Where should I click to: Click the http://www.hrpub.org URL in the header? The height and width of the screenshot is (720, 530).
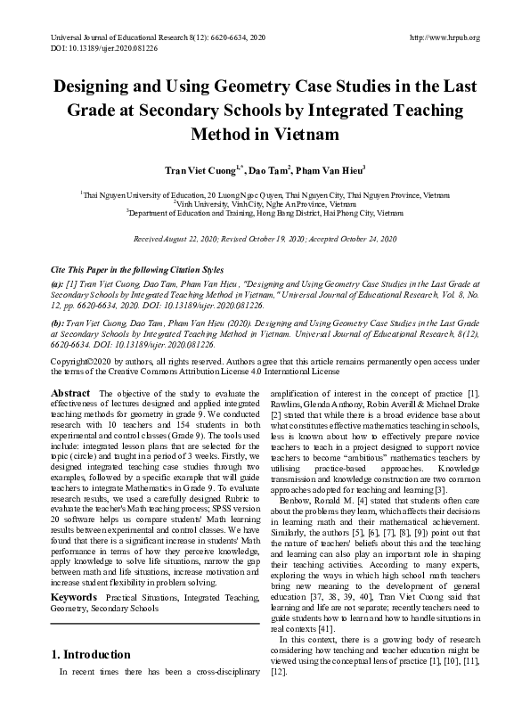[x=443, y=37]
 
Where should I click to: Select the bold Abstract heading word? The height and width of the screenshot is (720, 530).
[x=69, y=393]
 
